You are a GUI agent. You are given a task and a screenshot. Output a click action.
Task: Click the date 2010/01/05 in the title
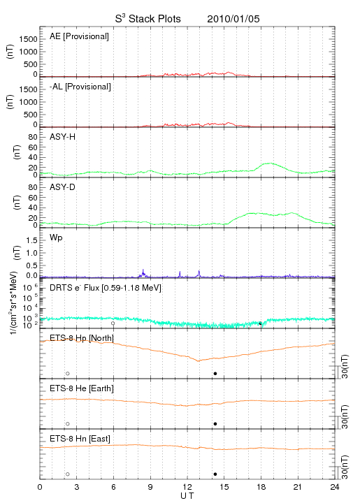point(233,19)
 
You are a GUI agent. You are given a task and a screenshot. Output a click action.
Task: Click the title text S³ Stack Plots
point(148,19)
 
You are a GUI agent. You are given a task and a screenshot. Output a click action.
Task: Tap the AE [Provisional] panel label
point(79,36)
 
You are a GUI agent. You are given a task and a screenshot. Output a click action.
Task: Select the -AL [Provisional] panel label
point(80,87)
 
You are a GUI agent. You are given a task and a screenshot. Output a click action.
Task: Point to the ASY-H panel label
point(63,137)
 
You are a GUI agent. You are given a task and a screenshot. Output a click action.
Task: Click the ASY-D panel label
point(62,187)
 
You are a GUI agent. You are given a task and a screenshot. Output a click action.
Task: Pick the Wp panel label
point(56,238)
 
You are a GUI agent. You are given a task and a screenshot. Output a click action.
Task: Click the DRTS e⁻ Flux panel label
point(106,288)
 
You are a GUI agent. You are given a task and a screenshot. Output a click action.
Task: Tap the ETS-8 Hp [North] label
point(82,338)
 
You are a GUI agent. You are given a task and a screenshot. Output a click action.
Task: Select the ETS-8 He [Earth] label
point(82,388)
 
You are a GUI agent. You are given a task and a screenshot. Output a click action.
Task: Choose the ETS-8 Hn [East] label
point(80,439)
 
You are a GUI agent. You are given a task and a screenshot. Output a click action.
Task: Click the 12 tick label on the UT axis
point(187,487)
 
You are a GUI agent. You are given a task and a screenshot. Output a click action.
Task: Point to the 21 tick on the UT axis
point(298,487)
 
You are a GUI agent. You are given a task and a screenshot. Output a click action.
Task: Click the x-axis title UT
point(187,496)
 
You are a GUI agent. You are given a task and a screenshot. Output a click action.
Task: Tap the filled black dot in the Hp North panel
point(215,373)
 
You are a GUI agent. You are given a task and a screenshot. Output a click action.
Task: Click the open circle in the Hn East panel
point(68,474)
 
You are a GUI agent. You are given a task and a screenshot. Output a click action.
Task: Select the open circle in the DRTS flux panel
point(113,323)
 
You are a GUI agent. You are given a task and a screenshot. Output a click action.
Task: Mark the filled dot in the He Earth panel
point(215,424)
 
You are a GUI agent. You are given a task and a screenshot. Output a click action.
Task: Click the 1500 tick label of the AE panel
point(29,39)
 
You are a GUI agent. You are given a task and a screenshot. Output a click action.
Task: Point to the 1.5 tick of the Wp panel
point(32,240)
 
